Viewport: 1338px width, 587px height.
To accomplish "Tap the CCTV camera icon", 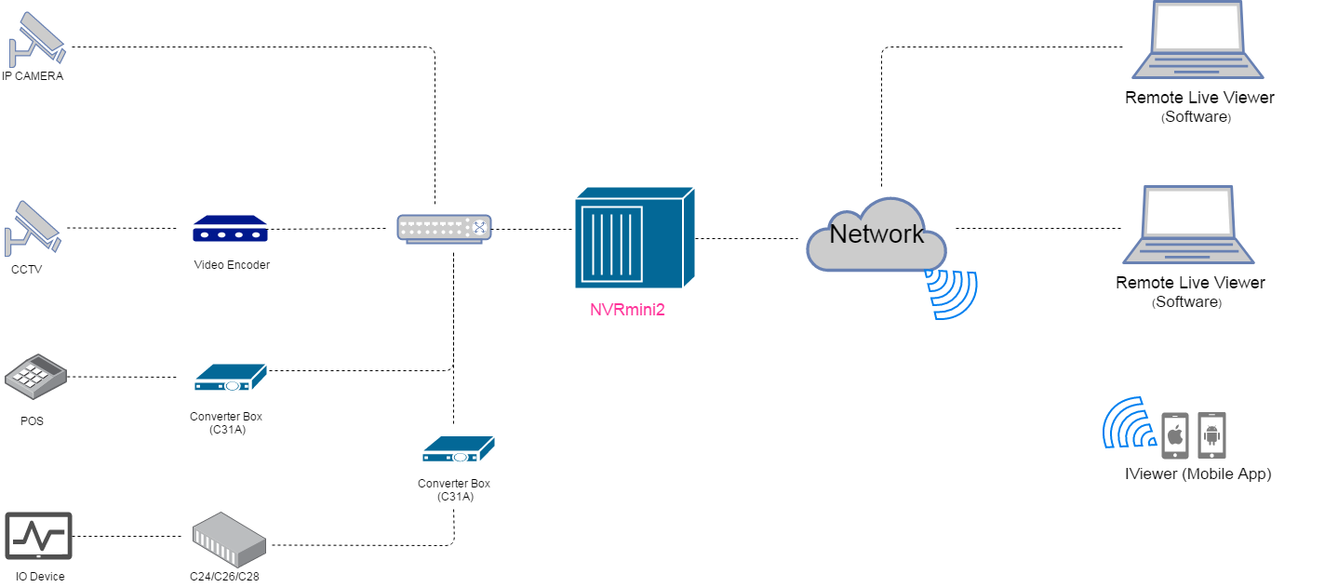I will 33,227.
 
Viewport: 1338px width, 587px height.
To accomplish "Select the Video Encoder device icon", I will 230,230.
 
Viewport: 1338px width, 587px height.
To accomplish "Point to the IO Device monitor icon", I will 38,538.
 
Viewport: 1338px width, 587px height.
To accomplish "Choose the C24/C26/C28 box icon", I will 228,538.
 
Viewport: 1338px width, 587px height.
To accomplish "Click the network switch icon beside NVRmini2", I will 444,229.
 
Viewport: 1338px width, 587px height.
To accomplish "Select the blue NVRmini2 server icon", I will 635,238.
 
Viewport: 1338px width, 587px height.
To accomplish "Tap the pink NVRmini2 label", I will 627,310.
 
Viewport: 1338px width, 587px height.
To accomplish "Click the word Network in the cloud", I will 876,233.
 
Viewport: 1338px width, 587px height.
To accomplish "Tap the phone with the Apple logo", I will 1175,434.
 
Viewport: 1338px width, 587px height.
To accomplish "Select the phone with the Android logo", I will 1211,434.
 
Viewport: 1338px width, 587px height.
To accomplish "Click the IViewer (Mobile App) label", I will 1198,474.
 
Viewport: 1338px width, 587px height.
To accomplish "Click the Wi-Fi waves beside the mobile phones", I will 1128,424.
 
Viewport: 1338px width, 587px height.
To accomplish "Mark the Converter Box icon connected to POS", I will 230,377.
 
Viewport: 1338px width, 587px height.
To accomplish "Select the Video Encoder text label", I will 232,265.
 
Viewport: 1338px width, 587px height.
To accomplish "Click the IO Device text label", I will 40,577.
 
